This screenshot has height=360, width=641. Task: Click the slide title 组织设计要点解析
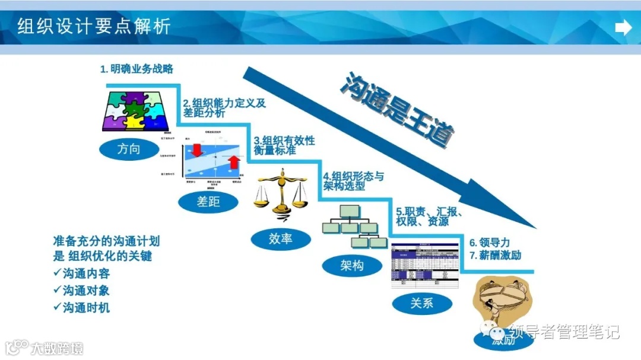pos(94,27)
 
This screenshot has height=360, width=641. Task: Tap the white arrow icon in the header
pos(623,27)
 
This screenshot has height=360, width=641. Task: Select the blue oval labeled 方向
pos(128,149)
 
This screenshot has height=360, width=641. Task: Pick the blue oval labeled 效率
pos(281,238)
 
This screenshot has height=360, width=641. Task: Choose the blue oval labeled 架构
pos(352,265)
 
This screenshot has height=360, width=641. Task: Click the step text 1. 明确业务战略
pos(137,69)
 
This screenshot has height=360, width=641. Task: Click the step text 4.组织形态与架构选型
pos(354,181)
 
